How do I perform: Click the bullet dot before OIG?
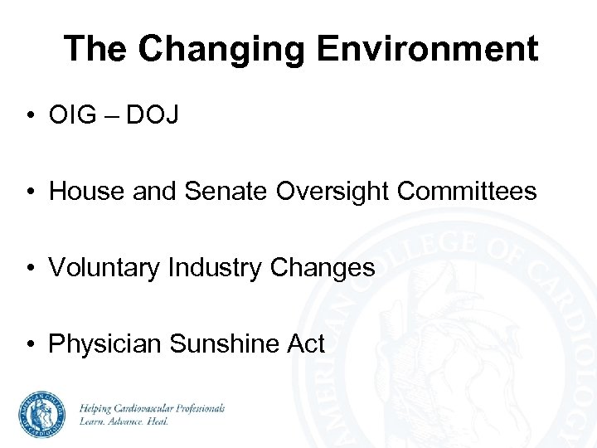pyautogui.click(x=30, y=117)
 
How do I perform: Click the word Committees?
pyautogui.click(x=467, y=192)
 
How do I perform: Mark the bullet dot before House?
pyautogui.click(x=30, y=192)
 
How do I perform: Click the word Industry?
pyautogui.click(x=215, y=268)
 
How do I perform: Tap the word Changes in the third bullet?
pyautogui.click(x=323, y=268)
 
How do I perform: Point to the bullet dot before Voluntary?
pyautogui.click(x=30, y=269)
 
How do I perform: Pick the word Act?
pyautogui.click(x=305, y=343)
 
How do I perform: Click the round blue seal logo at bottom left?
pyautogui.click(x=42, y=414)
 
